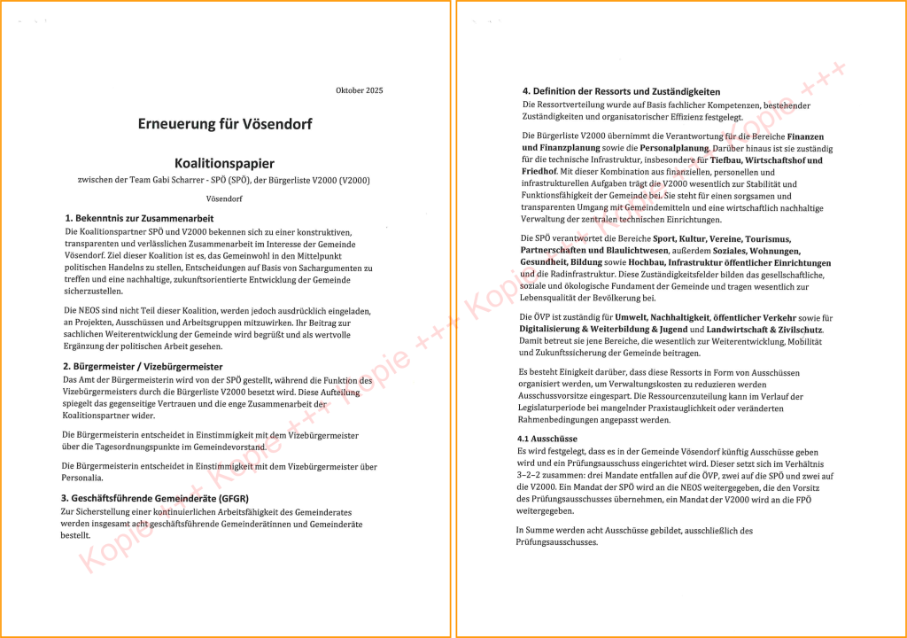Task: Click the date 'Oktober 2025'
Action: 360,90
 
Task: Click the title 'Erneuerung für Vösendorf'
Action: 224,124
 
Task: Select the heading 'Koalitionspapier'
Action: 224,163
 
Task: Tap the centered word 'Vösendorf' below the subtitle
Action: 224,198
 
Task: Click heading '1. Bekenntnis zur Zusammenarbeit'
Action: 139,218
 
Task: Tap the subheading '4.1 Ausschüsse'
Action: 547,439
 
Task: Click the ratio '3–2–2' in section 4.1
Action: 532,476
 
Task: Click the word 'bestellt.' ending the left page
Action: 75,535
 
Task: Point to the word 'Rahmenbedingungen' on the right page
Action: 560,421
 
